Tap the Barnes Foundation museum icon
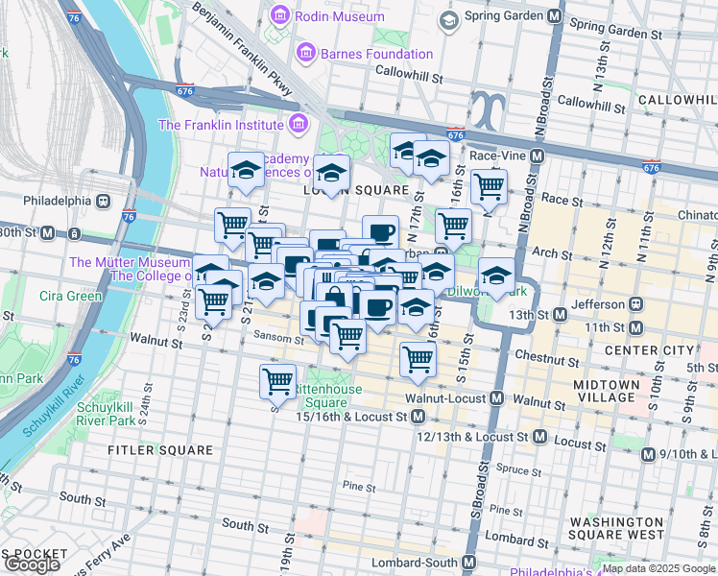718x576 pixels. pos(306,53)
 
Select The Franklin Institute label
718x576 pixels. pos(221,124)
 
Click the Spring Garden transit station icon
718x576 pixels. pos(554,18)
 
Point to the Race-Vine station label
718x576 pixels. pos(494,156)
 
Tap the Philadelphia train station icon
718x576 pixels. pos(103,202)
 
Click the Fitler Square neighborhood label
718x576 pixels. pos(160,449)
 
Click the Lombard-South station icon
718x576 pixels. pos(471,562)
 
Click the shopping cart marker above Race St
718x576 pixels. pos(490,186)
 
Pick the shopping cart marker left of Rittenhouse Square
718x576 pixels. pos(277,379)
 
